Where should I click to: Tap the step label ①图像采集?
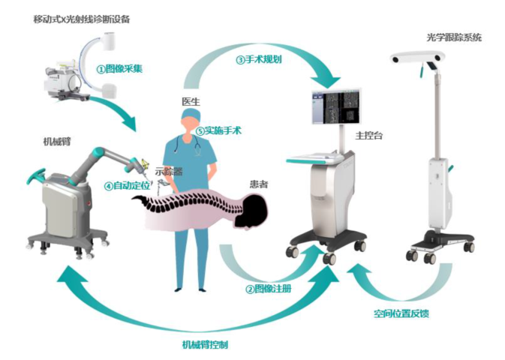pyautogui.click(x=119, y=68)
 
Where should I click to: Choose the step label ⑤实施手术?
pyautogui.click(x=218, y=130)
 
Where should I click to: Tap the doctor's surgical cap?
pyautogui.click(x=191, y=114)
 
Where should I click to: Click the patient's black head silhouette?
pyautogui.click(x=253, y=209)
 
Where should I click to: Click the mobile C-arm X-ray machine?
pyautogui.click(x=83, y=76)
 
